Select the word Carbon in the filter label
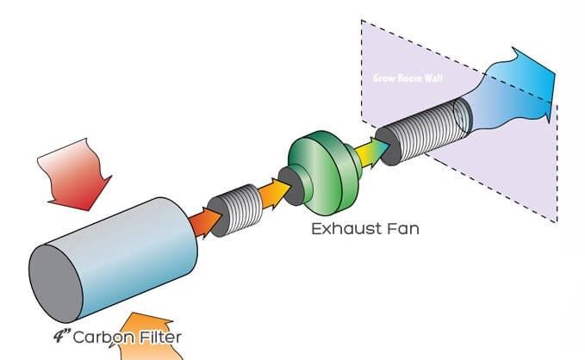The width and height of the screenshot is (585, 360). coord(103,338)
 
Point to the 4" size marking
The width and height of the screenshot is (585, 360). coord(62,336)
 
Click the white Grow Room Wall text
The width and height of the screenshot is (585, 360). coord(408,78)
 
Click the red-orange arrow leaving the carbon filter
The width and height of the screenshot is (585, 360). coord(206,222)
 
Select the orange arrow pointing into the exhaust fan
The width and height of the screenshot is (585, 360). coord(275,194)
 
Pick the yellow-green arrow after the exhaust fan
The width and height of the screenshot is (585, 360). coord(372,152)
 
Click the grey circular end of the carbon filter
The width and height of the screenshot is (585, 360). coord(56,283)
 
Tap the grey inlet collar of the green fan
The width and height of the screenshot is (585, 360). coord(293,186)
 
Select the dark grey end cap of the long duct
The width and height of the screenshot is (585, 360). coord(388,146)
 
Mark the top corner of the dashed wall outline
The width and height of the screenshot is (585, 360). coord(361,20)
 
